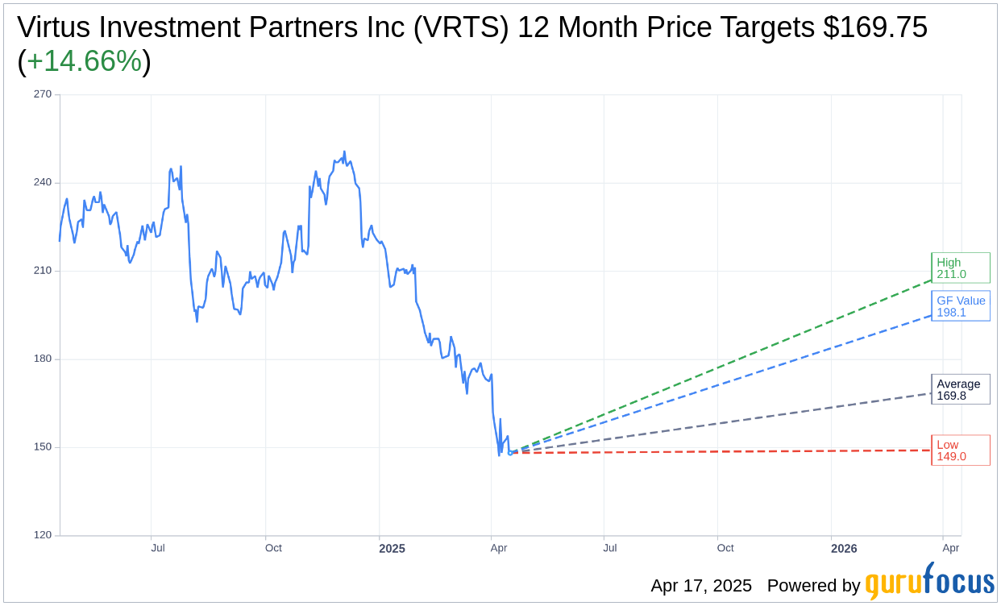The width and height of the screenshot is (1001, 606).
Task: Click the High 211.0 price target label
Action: [x=960, y=268]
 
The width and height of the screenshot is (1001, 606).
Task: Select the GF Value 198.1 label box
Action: [x=960, y=306]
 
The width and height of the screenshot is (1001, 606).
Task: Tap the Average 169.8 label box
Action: [x=960, y=389]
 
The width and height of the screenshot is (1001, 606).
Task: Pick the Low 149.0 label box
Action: [x=960, y=450]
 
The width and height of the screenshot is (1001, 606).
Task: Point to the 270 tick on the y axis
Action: [x=43, y=94]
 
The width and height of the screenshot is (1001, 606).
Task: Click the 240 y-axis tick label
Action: [x=43, y=182]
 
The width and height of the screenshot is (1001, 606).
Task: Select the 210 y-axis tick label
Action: [x=43, y=271]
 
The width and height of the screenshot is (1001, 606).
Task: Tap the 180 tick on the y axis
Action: [x=43, y=359]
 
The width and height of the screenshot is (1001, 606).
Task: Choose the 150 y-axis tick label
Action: [x=43, y=447]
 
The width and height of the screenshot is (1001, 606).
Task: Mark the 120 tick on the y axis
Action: [x=43, y=535]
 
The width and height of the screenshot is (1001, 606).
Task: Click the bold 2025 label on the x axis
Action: [x=392, y=549]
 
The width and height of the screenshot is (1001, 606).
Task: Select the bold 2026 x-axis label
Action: [x=844, y=549]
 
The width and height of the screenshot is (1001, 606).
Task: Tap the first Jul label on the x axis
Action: [x=158, y=548]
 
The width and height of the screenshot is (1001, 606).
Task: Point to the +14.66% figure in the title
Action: [x=84, y=61]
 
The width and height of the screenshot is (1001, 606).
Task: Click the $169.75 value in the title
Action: [x=875, y=27]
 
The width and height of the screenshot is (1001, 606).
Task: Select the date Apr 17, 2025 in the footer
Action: [x=701, y=586]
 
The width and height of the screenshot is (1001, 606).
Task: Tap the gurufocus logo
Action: [x=929, y=582]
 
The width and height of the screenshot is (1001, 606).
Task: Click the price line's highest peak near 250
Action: [x=344, y=151]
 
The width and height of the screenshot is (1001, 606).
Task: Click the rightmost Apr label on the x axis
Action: [x=951, y=548]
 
